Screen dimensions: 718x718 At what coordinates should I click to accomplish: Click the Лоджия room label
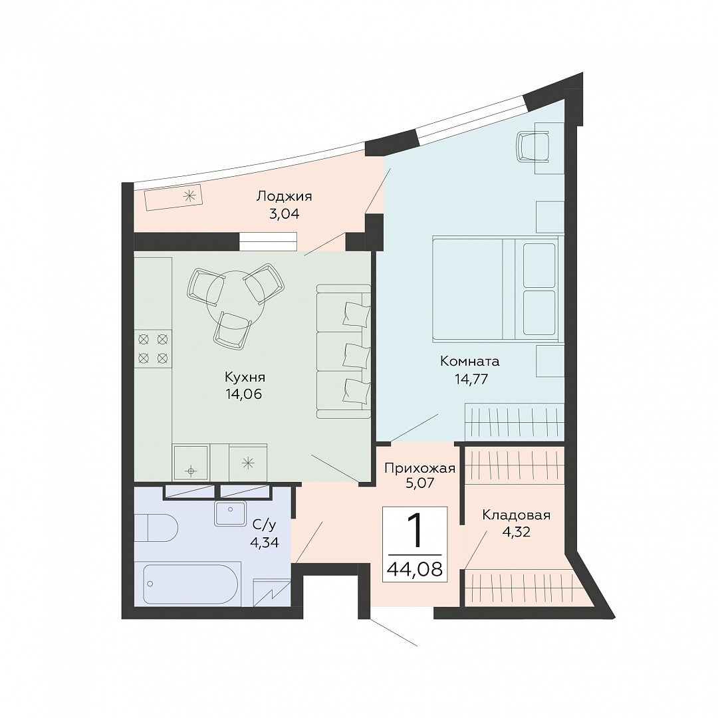(x=284, y=197)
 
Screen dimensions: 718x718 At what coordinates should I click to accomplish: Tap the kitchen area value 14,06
(x=243, y=394)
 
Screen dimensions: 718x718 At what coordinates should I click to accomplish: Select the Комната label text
(x=470, y=361)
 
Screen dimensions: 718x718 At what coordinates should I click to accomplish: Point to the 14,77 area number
(x=471, y=379)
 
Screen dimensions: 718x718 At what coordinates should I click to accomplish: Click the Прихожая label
(x=419, y=469)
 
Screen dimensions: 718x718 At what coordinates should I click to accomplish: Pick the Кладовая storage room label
(x=516, y=516)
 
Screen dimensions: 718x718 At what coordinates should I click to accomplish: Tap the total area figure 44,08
(x=415, y=569)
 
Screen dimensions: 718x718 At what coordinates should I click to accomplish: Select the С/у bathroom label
(x=264, y=525)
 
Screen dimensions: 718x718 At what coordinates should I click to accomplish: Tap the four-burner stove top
(x=153, y=348)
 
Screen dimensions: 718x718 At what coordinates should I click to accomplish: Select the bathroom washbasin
(x=230, y=513)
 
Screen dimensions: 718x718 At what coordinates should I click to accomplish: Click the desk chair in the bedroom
(x=533, y=146)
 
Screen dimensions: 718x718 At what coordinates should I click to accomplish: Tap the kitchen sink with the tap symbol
(x=191, y=462)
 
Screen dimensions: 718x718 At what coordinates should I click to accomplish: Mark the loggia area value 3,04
(x=284, y=214)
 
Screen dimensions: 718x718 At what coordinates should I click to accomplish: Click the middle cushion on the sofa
(x=356, y=355)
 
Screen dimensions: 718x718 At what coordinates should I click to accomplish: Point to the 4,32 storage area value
(x=516, y=532)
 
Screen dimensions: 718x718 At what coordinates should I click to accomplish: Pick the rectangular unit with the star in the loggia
(x=174, y=198)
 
